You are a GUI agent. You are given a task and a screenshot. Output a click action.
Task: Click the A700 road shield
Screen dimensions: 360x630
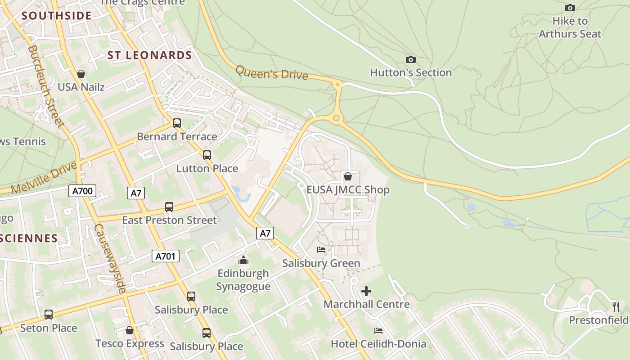pyautogui.click(x=83, y=191)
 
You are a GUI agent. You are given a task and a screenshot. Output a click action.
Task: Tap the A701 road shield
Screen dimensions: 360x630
pyautogui.click(x=165, y=256)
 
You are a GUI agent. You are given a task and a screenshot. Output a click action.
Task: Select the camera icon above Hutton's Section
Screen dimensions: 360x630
pyautogui.click(x=410, y=59)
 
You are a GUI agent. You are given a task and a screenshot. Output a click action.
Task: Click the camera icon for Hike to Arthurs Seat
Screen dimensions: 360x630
pyautogui.click(x=570, y=8)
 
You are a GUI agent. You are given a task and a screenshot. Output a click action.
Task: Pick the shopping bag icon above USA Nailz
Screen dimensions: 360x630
pyautogui.click(x=81, y=74)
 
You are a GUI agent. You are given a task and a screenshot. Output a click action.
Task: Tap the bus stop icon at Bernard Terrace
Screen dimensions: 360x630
pyautogui.click(x=177, y=123)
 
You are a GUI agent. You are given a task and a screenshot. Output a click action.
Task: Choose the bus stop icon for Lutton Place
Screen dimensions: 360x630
pyautogui.click(x=207, y=155)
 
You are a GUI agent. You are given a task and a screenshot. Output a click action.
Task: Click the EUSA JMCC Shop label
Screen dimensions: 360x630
pyautogui.click(x=348, y=189)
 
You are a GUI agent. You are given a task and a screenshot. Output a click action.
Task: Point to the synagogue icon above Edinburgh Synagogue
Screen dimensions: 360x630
pyautogui.click(x=243, y=260)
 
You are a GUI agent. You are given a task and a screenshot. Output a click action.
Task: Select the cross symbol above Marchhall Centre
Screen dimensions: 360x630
pyautogui.click(x=366, y=291)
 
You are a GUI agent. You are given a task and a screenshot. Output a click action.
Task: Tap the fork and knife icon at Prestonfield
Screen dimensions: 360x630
pyautogui.click(x=616, y=307)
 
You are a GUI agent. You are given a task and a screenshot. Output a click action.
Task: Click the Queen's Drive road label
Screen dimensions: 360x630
pyautogui.click(x=272, y=73)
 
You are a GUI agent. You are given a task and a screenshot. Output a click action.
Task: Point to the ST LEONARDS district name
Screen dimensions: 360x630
pyautogui.click(x=150, y=55)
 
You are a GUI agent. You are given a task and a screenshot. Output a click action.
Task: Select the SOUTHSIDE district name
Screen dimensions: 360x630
pyautogui.click(x=57, y=16)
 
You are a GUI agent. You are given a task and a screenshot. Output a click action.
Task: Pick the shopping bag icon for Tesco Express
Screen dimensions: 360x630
pyautogui.click(x=130, y=331)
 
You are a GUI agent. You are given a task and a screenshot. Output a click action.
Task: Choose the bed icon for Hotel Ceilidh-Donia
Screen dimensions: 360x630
pyautogui.click(x=378, y=331)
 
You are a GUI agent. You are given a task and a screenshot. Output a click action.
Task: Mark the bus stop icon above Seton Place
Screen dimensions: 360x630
pyautogui.click(x=48, y=315)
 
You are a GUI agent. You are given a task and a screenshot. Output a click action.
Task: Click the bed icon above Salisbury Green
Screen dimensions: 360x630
pyautogui.click(x=321, y=250)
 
